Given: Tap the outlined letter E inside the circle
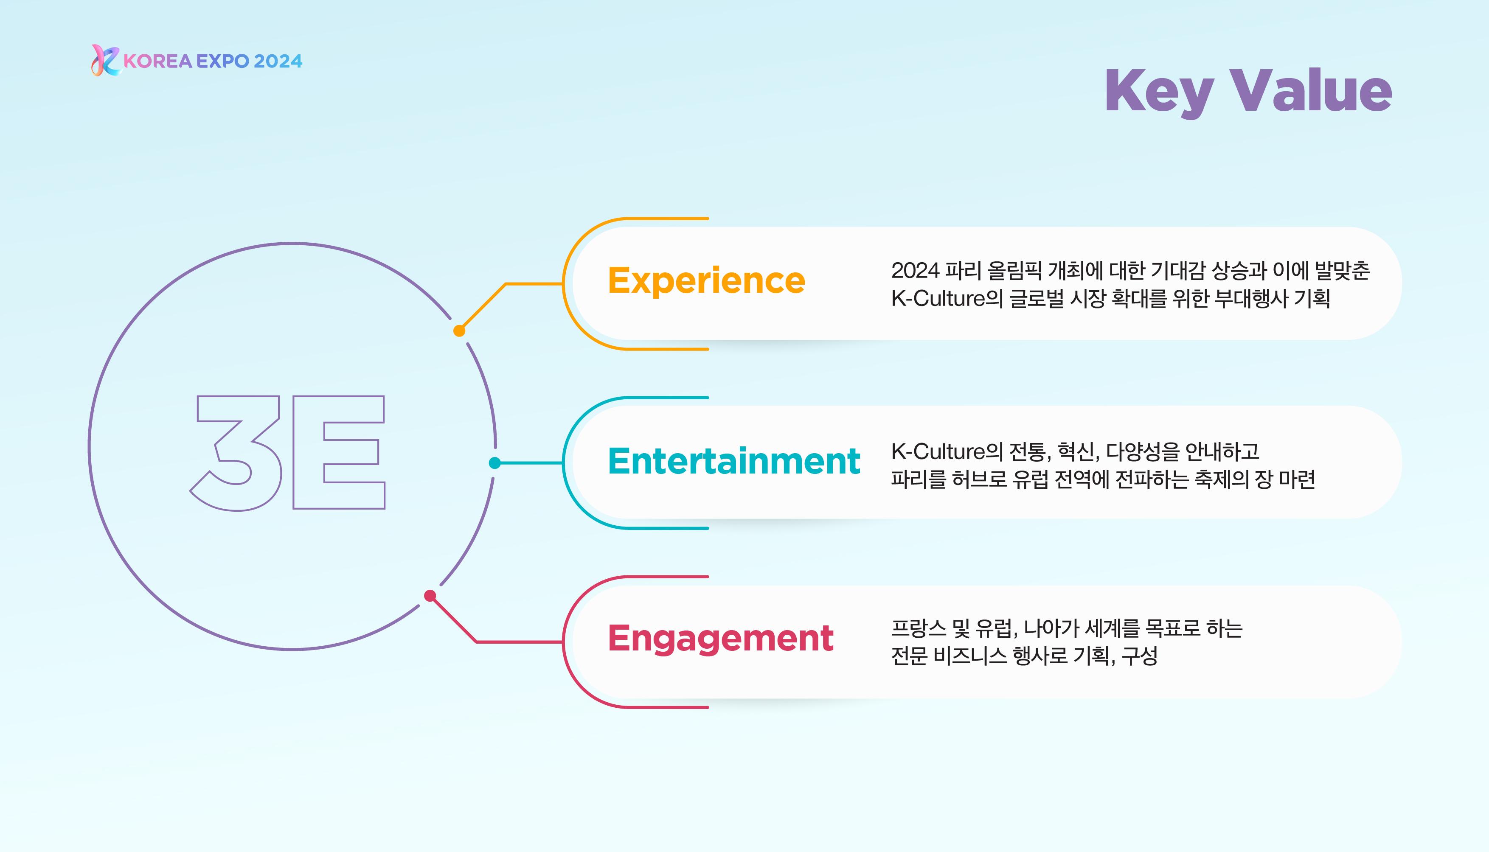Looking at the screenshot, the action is click(x=338, y=452).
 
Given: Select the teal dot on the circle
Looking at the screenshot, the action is click(x=494, y=463).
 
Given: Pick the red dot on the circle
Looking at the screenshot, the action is click(x=430, y=596).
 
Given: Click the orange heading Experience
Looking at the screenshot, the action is click(x=706, y=281).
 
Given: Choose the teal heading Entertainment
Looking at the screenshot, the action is click(x=734, y=461).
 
